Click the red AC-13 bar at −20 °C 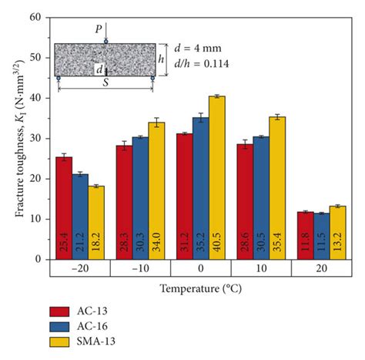[x=64, y=208]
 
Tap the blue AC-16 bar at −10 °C [x=141, y=198]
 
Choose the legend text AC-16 [x=101, y=326]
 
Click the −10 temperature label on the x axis [x=141, y=269]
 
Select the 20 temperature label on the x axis [x=321, y=269]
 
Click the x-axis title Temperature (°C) [x=202, y=289]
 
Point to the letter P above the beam [x=98, y=29]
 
